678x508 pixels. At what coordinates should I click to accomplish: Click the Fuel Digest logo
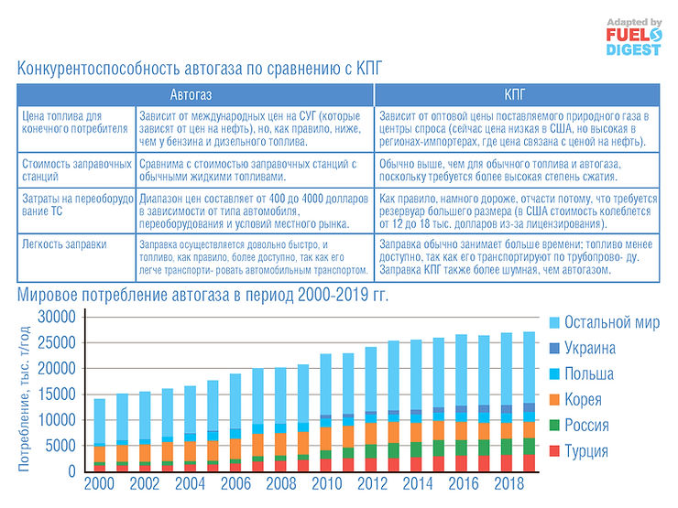tap(631, 36)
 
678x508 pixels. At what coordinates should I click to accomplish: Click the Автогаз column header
tap(196, 94)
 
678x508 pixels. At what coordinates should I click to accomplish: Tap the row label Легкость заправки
tap(59, 244)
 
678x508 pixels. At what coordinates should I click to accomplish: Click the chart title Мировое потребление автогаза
tap(202, 295)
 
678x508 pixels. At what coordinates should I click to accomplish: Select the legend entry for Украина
tap(589, 348)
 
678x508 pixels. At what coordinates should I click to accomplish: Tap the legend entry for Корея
tap(584, 400)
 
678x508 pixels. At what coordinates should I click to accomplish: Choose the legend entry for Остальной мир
tap(611, 322)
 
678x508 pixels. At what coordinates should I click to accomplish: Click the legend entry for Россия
tap(587, 426)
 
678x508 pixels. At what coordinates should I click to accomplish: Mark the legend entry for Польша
tap(588, 374)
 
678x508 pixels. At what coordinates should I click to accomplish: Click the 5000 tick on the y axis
tap(61, 446)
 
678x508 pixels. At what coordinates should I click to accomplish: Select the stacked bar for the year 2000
tap(100, 435)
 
